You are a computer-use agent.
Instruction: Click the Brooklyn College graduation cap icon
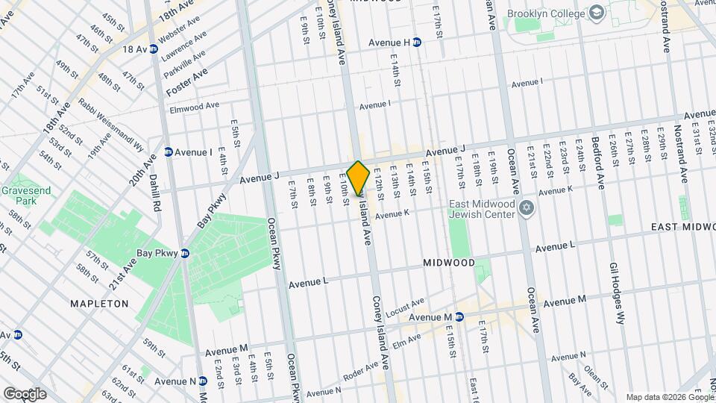[x=597, y=13]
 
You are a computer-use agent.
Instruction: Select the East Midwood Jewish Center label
[x=482, y=210]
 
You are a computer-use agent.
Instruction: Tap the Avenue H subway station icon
[x=418, y=43]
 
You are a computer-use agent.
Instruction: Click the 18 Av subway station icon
[x=154, y=49]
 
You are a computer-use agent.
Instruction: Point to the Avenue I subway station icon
[x=169, y=152]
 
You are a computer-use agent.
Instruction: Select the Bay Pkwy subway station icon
[x=184, y=254]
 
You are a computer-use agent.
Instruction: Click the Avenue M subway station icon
[x=459, y=316]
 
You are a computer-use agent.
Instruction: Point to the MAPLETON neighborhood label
[x=99, y=304]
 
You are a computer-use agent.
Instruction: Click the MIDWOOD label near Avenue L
[x=448, y=263]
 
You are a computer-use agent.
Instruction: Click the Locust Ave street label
[x=406, y=306]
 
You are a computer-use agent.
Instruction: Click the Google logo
[x=24, y=393]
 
